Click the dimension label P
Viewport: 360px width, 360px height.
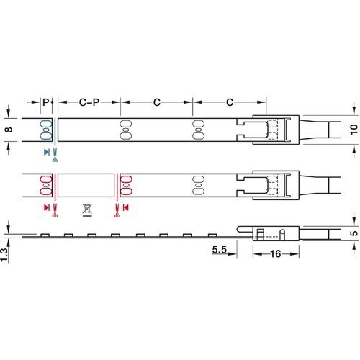pyautogui.click(x=45, y=103)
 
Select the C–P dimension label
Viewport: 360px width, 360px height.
pyautogui.click(x=89, y=103)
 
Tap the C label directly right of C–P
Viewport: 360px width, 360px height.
pyautogui.click(x=156, y=103)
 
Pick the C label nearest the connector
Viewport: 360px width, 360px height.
pyautogui.click(x=229, y=103)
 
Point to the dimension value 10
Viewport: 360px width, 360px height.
pyautogui.click(x=352, y=130)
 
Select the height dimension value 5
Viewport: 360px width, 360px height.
pyautogui.click(x=352, y=233)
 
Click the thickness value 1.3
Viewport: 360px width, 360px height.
pyautogui.click(x=6, y=253)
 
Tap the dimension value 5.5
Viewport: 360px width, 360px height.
pyautogui.click(x=220, y=251)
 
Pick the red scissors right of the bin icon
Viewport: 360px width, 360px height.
pyautogui.click(x=115, y=209)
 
